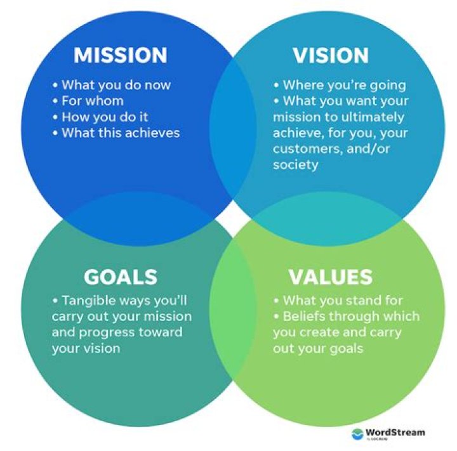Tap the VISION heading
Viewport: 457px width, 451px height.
pyautogui.click(x=330, y=56)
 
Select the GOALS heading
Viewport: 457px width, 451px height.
pyautogui.click(x=120, y=277)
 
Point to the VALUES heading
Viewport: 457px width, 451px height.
pyautogui.click(x=330, y=277)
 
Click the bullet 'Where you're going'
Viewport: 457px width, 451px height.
pyautogui.click(x=343, y=85)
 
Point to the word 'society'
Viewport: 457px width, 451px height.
pyautogui.click(x=296, y=164)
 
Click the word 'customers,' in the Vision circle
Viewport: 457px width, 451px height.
pyautogui.click(x=302, y=148)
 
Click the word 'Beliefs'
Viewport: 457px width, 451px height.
pyautogui.click(x=306, y=317)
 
